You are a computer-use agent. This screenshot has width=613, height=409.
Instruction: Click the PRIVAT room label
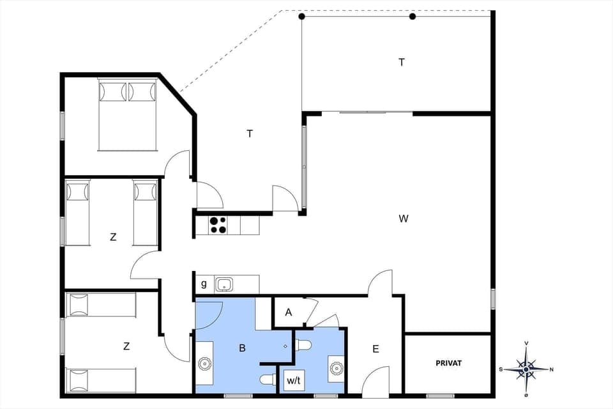coord(448,363)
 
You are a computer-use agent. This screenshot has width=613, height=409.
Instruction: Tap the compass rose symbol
coord(526,369)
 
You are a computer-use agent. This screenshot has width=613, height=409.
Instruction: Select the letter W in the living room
coord(403,219)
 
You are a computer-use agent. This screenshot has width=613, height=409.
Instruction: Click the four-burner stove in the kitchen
coord(218,224)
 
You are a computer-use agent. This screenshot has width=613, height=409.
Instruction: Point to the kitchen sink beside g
coord(223,284)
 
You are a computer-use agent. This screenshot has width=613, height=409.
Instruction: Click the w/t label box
coord(294,381)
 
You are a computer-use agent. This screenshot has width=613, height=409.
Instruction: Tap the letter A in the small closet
coord(288,313)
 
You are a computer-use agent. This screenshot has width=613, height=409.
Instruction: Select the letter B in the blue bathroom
coord(242,348)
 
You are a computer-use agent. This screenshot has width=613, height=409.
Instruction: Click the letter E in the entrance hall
coord(375,349)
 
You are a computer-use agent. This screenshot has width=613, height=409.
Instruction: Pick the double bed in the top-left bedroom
coord(127,115)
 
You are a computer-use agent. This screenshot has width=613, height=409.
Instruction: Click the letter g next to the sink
coord(204,284)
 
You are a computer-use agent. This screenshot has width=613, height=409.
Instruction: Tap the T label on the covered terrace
coord(402,62)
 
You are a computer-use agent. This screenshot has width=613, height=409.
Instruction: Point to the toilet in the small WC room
coord(303,346)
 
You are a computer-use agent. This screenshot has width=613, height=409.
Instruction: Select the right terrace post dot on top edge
coord(412,17)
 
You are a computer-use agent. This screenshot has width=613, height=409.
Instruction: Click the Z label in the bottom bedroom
coord(126,346)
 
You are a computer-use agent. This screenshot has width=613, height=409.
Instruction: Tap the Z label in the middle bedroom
coord(113,236)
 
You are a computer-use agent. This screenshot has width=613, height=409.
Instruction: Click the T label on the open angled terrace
coord(250,134)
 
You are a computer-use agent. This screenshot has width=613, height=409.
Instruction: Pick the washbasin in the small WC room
coord(336,367)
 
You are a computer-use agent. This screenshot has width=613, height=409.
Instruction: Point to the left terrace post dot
coord(302,17)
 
